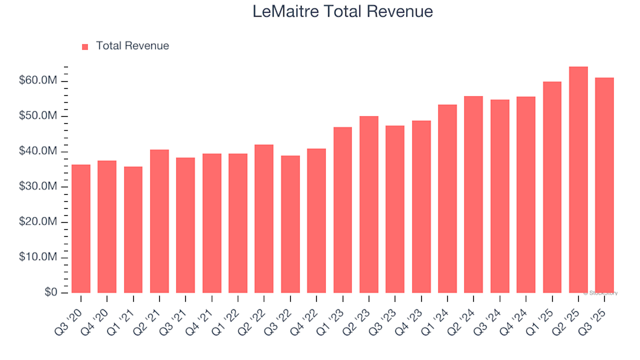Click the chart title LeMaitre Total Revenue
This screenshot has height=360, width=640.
pos(343,11)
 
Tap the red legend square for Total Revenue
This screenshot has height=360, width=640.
pos(85,47)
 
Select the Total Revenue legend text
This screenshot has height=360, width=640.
pos(132,46)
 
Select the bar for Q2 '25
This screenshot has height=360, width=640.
pos(578,180)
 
